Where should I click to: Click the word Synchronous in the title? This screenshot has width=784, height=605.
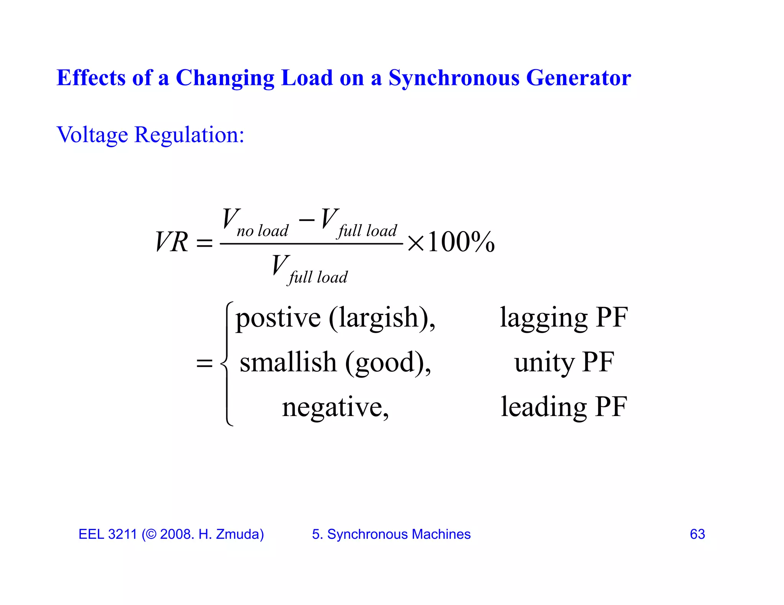point(454,78)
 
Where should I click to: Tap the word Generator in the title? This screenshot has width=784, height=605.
point(578,78)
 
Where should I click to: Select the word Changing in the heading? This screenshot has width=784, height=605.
point(225,79)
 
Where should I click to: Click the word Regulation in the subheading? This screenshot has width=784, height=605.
point(189,135)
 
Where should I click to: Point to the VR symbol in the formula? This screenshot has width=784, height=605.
point(172,242)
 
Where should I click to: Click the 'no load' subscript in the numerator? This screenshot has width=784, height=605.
point(262,231)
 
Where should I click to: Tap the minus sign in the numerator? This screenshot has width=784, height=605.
point(306,220)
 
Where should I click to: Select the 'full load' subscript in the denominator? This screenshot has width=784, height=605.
point(318,277)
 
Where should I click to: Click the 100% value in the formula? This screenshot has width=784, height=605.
point(461,242)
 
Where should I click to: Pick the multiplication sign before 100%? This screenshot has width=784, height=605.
point(415,243)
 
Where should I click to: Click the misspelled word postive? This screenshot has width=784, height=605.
point(278,318)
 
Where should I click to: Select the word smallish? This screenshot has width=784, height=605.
point(288,362)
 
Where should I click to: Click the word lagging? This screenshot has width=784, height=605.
point(544,318)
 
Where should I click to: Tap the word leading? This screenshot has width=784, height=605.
point(544,407)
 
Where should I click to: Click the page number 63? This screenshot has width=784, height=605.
point(697,534)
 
